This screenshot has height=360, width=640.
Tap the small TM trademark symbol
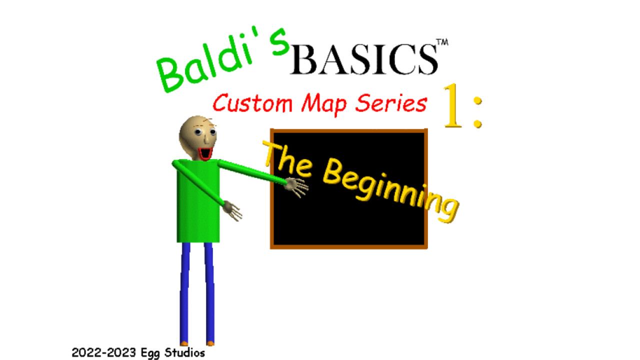click(442, 43)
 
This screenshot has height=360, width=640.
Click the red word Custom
click(252, 103)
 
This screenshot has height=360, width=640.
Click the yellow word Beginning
click(390, 190)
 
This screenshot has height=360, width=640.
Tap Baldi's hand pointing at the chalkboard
click(297, 187)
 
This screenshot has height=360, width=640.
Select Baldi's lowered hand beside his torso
click(233, 210)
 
